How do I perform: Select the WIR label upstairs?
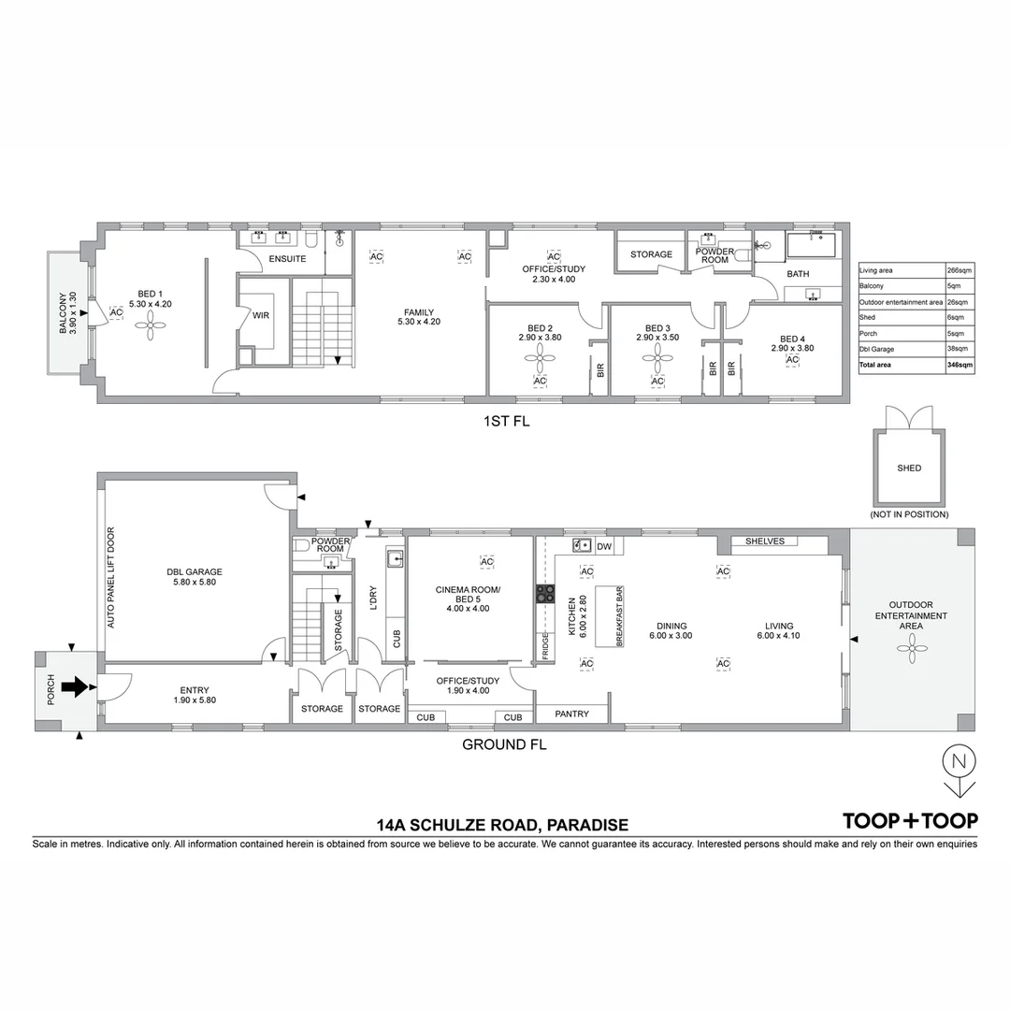point(261,316)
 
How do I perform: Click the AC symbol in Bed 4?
point(792,360)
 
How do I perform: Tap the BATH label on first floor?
point(798,274)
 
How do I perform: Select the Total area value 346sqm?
point(960,365)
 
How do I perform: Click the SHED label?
point(908,468)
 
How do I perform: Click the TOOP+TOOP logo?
point(910,821)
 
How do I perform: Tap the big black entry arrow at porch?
point(73,688)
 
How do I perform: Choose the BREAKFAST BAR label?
point(619,618)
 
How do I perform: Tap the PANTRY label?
point(571,714)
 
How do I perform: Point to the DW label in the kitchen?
point(604,546)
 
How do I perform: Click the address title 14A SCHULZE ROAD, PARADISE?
point(502,825)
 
